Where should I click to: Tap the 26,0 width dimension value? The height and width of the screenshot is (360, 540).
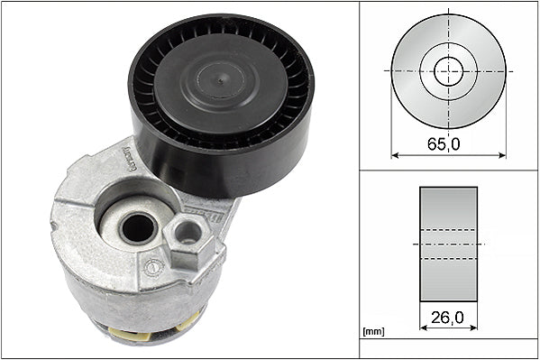(x=448, y=318)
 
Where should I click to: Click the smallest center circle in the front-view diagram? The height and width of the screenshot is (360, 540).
(x=448, y=70)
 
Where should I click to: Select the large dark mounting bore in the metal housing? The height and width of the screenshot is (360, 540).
(x=137, y=228)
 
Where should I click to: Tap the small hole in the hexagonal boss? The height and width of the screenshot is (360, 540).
(x=188, y=234)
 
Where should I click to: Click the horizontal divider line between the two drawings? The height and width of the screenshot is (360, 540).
(x=448, y=171)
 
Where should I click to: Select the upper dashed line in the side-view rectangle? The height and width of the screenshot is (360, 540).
(x=448, y=231)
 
